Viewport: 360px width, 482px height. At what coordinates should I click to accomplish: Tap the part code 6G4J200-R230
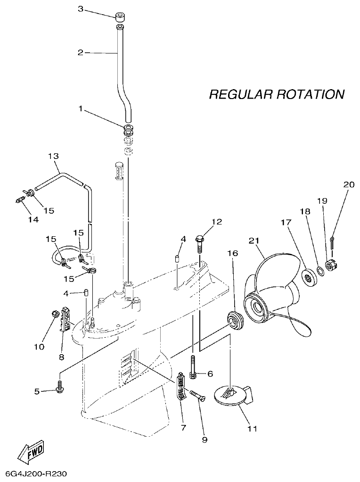[36, 474]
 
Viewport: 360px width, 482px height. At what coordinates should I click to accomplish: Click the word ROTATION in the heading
[310, 94]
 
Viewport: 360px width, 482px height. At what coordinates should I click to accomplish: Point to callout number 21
[254, 241]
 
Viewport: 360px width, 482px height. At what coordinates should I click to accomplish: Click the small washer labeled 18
[319, 271]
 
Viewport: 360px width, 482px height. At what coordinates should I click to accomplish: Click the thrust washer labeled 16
[233, 319]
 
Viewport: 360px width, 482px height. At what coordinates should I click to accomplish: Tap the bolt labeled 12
[200, 244]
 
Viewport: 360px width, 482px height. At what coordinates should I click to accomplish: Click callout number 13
[53, 156]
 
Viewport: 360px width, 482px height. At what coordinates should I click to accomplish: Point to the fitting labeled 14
[19, 200]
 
